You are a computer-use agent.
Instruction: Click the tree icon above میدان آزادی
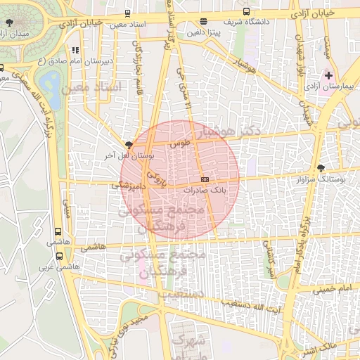8,22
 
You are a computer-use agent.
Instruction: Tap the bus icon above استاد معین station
127,13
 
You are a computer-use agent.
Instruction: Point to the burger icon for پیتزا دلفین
203,21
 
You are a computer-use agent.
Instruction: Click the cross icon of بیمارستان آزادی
328,75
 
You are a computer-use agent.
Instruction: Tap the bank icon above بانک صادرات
204,180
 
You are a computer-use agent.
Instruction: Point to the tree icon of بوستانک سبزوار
321,168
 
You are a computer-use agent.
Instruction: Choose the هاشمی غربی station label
56,268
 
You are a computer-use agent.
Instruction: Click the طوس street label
181,143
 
